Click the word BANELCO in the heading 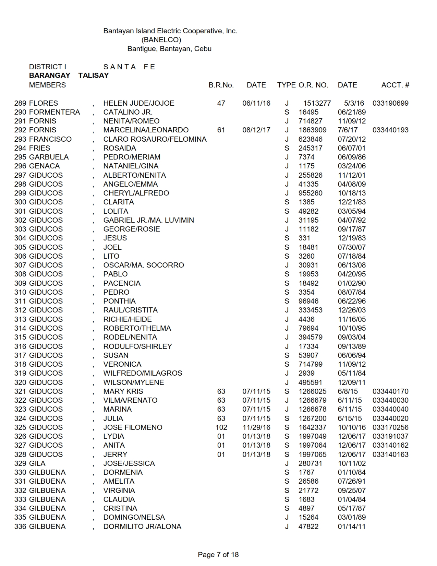tap(161, 40)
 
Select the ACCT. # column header tap(395, 85)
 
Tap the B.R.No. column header tap(221, 85)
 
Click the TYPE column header tap(286, 85)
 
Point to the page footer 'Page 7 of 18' tap(218, 555)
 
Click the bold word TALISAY tap(93, 75)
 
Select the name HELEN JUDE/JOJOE tap(139, 103)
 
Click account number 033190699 tap(390, 103)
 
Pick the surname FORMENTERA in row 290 tap(54, 112)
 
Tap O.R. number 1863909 tap(312, 130)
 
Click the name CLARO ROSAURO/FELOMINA tap(155, 139)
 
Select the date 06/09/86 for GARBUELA tap(352, 157)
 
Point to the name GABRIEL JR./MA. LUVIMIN tap(149, 220)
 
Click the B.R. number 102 tap(221, 427)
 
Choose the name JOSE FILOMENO tap(133, 427)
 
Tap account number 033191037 tap(390, 436)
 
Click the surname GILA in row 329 tap(37, 463)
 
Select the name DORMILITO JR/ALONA tap(142, 527)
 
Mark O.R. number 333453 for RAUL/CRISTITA tap(310, 310)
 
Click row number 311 tap(20, 301)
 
